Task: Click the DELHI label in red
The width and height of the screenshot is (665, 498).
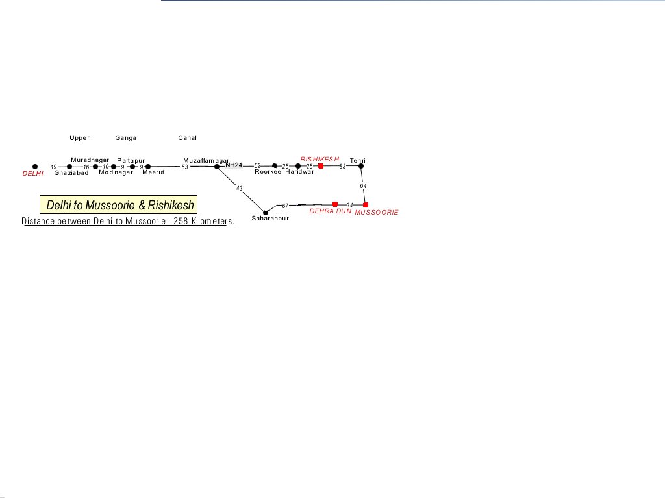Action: pyautogui.click(x=32, y=174)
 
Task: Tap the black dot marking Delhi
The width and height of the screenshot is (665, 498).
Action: pyautogui.click(x=35, y=167)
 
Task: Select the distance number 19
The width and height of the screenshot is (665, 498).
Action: pyautogui.click(x=54, y=167)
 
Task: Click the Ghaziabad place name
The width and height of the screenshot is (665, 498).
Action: pyautogui.click(x=71, y=172)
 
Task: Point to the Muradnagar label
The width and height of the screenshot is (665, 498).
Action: pyautogui.click(x=90, y=160)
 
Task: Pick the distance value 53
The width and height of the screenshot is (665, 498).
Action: pyautogui.click(x=184, y=167)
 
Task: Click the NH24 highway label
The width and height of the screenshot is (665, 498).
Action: pyautogui.click(x=234, y=165)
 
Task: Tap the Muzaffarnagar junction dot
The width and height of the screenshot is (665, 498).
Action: pyautogui.click(x=217, y=167)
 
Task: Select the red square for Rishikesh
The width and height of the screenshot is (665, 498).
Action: pyautogui.click(x=321, y=166)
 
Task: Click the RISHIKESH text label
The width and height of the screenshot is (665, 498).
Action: pyautogui.click(x=320, y=160)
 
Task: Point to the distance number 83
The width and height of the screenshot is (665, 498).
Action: pyautogui.click(x=343, y=167)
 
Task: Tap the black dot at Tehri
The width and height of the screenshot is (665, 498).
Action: pyautogui.click(x=361, y=166)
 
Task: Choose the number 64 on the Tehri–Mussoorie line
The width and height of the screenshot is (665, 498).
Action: pyautogui.click(x=363, y=186)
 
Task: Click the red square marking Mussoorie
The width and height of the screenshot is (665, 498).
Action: pyautogui.click(x=366, y=205)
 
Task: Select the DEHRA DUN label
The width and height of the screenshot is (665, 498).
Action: pyautogui.click(x=331, y=211)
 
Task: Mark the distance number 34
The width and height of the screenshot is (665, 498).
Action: pyautogui.click(x=349, y=206)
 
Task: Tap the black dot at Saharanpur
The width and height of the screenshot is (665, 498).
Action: pyautogui.click(x=266, y=213)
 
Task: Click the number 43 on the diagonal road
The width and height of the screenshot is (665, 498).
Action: pyautogui.click(x=239, y=189)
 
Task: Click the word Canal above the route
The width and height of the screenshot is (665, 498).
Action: pyautogui.click(x=188, y=138)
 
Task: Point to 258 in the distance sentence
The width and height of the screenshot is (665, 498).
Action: pyautogui.click(x=181, y=221)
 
